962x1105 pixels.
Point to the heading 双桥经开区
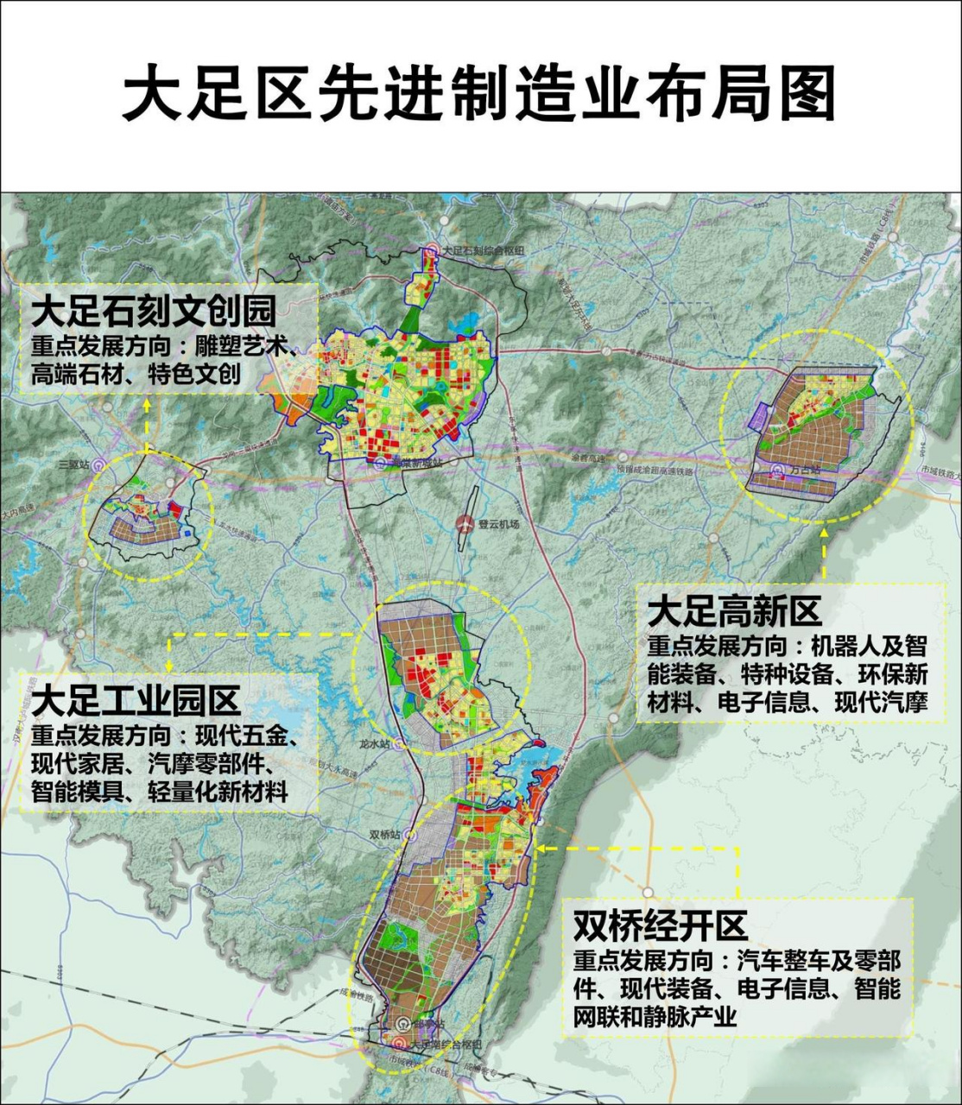(x=660, y=927)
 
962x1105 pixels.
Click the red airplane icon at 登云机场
(x=466, y=522)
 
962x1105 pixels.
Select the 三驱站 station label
(x=73, y=464)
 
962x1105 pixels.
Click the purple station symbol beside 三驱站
(x=99, y=464)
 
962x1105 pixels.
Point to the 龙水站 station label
(x=374, y=742)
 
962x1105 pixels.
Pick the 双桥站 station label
(x=385, y=835)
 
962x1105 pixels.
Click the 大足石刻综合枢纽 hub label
(x=483, y=249)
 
